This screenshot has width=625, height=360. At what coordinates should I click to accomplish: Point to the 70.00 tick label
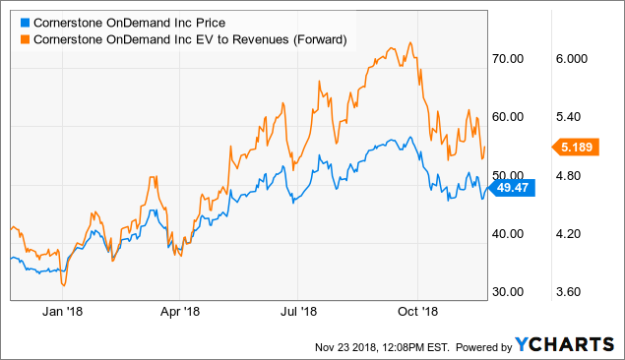[x=507, y=59]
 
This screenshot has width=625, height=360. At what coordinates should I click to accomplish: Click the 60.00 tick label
[x=507, y=117]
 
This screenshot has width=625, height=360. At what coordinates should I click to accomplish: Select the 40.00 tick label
[x=507, y=234]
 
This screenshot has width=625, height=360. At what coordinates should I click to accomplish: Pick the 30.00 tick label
[x=507, y=292]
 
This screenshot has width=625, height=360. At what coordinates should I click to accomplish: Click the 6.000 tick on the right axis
[x=571, y=59]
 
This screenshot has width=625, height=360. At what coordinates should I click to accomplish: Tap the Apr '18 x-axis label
[x=179, y=312]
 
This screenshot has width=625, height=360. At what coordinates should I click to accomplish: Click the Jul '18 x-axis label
[x=299, y=312]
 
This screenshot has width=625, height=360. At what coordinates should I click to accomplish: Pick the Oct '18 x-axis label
[x=418, y=312]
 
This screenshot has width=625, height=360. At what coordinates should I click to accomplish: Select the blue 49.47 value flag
[x=512, y=189]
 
